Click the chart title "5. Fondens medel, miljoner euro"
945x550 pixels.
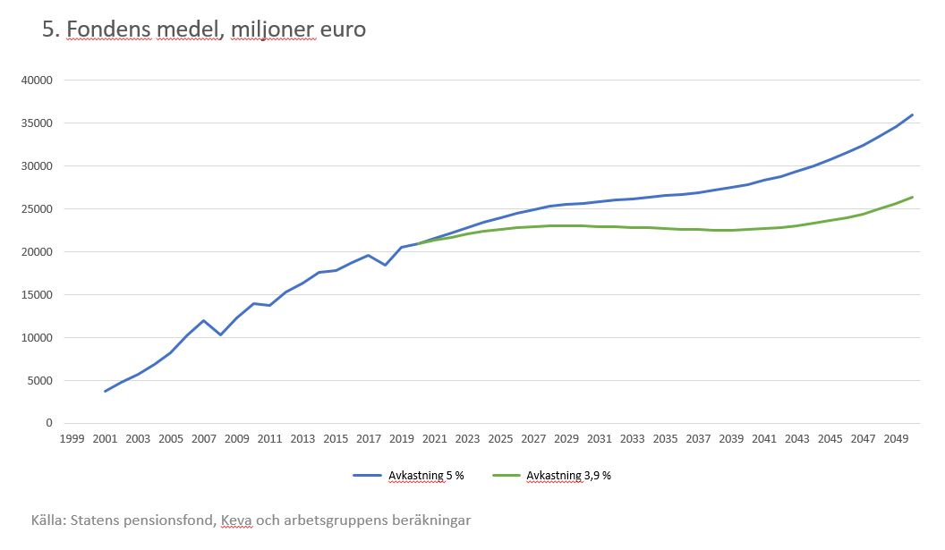tap(204, 30)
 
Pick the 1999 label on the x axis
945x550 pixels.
tap(72, 439)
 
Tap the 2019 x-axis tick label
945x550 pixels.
tap(402, 439)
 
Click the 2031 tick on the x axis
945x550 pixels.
tap(600, 439)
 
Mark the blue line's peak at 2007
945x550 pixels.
tap(204, 320)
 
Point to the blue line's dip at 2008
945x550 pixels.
tap(220, 334)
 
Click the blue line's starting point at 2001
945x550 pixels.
tap(106, 391)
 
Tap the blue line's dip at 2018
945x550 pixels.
tap(385, 265)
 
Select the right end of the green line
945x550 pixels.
tap(912, 197)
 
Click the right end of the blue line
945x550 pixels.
tap(912, 114)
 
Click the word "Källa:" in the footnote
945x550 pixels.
tap(50, 520)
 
